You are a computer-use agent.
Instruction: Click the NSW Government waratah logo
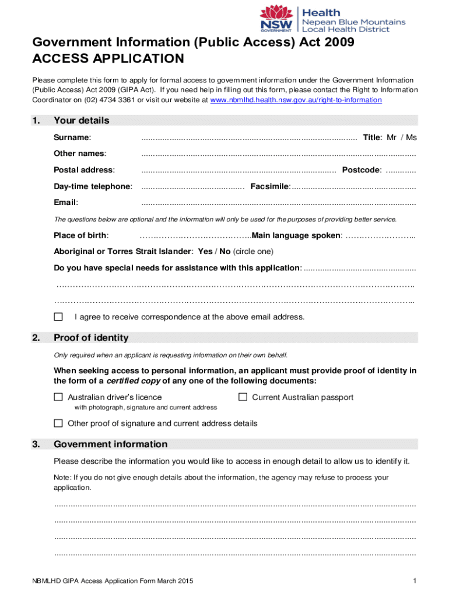[276, 19]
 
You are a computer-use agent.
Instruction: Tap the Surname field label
[72, 137]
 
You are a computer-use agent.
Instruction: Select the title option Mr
[392, 137]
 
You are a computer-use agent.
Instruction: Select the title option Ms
[411, 137]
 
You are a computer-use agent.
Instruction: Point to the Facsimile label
[270, 186]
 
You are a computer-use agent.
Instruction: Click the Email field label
[66, 203]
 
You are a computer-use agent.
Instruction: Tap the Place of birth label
[81, 235]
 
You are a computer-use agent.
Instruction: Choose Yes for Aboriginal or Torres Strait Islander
[205, 252]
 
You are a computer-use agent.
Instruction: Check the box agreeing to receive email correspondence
[58, 317]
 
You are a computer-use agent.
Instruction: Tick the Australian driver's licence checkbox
[58, 397]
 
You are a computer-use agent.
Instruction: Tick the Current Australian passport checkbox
[243, 397]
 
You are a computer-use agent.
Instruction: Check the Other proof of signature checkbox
[58, 423]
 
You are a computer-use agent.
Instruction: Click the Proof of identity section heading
[91, 338]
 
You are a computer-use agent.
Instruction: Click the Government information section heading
[110, 444]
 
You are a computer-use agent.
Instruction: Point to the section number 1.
[36, 121]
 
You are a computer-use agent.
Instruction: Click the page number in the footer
[413, 580]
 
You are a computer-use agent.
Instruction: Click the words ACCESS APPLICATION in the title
[108, 58]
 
